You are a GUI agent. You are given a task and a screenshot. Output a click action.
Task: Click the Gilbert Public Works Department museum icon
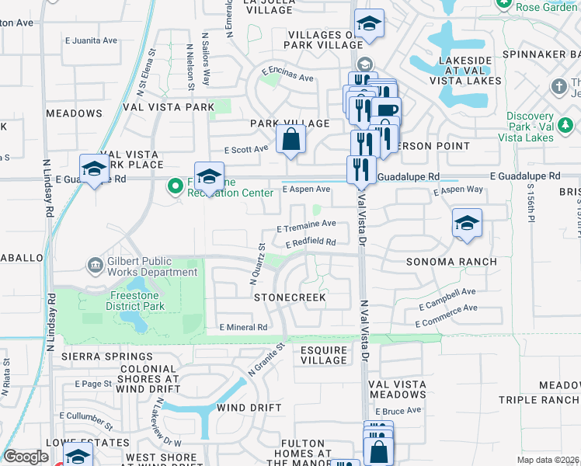[95, 266]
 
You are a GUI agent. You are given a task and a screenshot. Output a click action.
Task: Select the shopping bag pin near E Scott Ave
[290, 140]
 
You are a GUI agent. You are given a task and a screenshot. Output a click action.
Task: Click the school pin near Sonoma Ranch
[467, 223]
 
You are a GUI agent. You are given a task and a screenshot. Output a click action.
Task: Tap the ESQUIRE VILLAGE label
[324, 355]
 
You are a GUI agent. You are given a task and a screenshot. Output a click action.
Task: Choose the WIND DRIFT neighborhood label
[249, 408]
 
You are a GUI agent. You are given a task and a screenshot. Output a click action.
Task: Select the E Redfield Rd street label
[310, 243]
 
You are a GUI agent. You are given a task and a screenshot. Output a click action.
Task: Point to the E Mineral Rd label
[243, 328]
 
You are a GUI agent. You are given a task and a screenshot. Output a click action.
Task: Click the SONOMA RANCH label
[451, 262]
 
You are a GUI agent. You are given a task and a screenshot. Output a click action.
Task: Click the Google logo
[26, 457]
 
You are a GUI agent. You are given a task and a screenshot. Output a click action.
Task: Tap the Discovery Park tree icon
[565, 123]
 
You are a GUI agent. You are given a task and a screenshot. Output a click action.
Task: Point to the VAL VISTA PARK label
[169, 106]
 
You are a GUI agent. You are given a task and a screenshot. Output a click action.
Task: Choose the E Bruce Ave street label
[402, 411]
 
